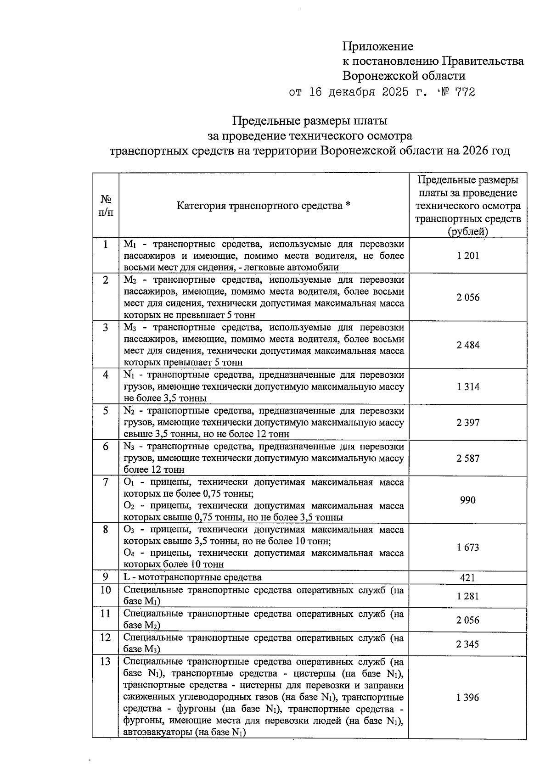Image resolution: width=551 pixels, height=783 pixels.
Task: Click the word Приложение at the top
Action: (x=377, y=46)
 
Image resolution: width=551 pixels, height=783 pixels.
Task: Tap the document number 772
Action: (x=465, y=92)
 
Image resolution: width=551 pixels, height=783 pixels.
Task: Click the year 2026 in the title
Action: (x=478, y=151)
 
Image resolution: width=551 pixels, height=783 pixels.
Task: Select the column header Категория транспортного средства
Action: (x=264, y=206)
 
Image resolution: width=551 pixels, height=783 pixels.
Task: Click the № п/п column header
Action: (x=106, y=206)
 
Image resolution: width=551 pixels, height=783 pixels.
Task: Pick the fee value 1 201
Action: (x=468, y=256)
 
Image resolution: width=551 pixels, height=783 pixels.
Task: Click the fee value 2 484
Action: (x=468, y=345)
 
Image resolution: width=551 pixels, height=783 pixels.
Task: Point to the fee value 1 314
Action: (x=468, y=387)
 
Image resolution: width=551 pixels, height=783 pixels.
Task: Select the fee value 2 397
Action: (x=468, y=423)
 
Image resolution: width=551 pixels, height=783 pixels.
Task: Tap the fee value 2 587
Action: (x=468, y=458)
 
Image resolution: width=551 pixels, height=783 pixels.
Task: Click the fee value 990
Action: (x=468, y=500)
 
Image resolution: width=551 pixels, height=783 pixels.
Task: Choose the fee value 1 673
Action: (x=468, y=548)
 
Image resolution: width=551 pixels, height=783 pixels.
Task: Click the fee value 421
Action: (x=468, y=578)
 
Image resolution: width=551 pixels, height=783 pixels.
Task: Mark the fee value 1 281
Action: (x=468, y=596)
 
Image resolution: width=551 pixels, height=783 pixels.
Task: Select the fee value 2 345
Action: (x=468, y=644)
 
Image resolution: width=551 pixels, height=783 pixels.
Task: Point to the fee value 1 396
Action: (x=468, y=698)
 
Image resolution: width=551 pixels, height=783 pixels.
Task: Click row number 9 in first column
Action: (x=106, y=577)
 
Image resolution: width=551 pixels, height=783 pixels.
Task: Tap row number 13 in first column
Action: (x=106, y=662)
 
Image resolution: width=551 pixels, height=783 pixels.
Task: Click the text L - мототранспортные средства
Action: (x=192, y=577)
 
